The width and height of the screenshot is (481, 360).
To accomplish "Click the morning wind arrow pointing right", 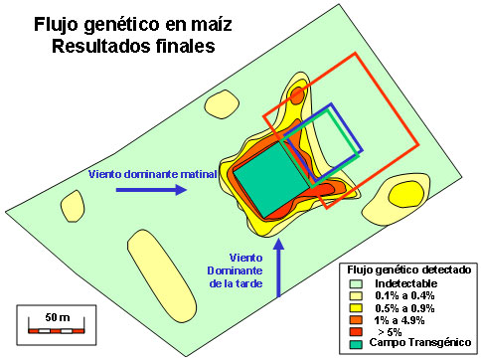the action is [151, 190].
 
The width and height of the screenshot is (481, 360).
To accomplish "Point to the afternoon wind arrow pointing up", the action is [278, 268].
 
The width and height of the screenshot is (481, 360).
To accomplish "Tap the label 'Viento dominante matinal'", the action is [153, 174].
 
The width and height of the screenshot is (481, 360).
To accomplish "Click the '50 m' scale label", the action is [58, 317].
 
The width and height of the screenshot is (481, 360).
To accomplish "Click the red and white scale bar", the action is [57, 331].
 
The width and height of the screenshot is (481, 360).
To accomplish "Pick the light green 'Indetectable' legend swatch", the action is [356, 284].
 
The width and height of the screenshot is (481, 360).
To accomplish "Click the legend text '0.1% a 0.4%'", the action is [404, 295].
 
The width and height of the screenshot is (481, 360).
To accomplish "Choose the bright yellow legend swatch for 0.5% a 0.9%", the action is [356, 308].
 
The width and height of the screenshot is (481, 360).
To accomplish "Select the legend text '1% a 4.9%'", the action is [400, 320].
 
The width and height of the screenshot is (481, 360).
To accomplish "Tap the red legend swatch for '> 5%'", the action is [356, 332].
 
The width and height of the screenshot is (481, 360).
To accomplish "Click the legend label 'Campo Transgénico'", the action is [420, 342].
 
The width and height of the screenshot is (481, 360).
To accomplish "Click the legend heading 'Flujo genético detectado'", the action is [409, 270].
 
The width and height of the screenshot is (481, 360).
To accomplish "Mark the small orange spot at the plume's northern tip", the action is [296, 95].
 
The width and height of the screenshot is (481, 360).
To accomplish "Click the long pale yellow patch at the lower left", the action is [162, 275].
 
